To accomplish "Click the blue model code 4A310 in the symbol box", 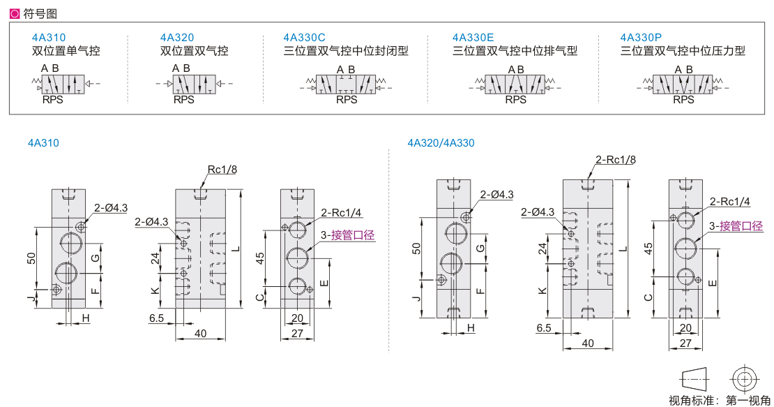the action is [48, 38].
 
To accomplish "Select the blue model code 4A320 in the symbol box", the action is [176, 38].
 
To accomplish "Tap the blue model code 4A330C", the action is [304, 38].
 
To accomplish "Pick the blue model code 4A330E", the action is [473, 38].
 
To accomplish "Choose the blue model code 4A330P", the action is [641, 38].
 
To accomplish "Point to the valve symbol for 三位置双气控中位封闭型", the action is [346, 84].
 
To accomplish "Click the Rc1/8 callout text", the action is [222, 170].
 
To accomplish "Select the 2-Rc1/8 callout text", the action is [616, 160].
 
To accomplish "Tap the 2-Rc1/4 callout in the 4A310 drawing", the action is [340, 213].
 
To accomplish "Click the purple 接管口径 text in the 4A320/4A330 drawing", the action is [741, 226].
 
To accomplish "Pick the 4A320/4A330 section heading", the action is [441, 143].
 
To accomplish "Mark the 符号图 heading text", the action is [40, 14].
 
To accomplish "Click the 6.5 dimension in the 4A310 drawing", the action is [156, 318].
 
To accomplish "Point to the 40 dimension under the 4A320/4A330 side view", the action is [587, 343].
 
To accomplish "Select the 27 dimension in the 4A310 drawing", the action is [297, 334].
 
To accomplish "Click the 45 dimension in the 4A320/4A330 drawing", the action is [648, 248].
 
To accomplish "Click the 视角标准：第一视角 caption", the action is [719, 400].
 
